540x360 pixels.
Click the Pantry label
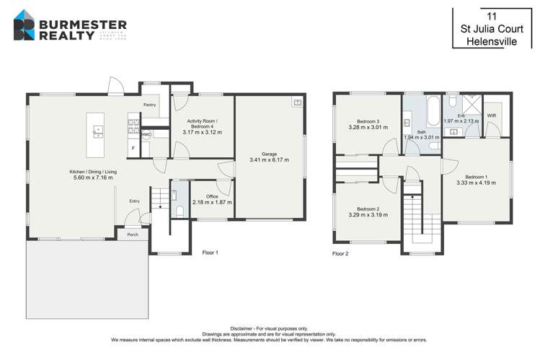(149, 105)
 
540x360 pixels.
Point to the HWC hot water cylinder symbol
(146, 134)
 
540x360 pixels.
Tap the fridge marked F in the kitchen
(133, 149)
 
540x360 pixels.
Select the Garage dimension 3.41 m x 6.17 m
(269, 160)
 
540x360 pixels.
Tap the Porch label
(133, 234)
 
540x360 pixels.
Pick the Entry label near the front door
(134, 201)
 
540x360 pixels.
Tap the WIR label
(491, 115)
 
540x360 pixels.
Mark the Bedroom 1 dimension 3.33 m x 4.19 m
(476, 183)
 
